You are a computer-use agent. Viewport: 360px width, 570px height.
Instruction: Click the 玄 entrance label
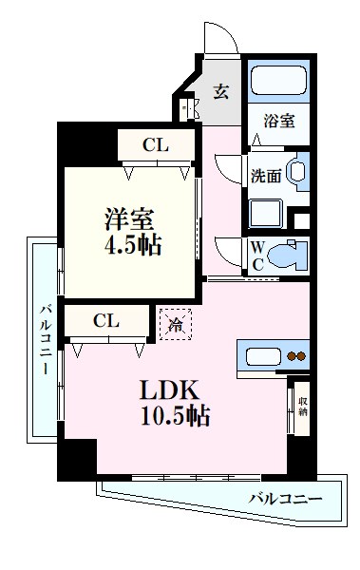coord(220,92)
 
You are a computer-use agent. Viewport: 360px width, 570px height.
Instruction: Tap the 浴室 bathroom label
coord(279,121)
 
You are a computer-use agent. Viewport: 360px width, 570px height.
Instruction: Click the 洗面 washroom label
coord(265,175)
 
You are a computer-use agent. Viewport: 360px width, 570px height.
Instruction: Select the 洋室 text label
coord(129,218)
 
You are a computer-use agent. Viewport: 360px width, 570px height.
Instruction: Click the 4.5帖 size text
coord(133,244)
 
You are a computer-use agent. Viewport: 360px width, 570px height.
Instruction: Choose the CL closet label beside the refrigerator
coord(105,321)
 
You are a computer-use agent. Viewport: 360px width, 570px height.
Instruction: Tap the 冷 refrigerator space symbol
coord(176,324)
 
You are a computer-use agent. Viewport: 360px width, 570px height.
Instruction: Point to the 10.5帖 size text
coord(176,416)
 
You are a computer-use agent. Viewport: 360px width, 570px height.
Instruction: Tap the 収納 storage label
coord(302,406)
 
